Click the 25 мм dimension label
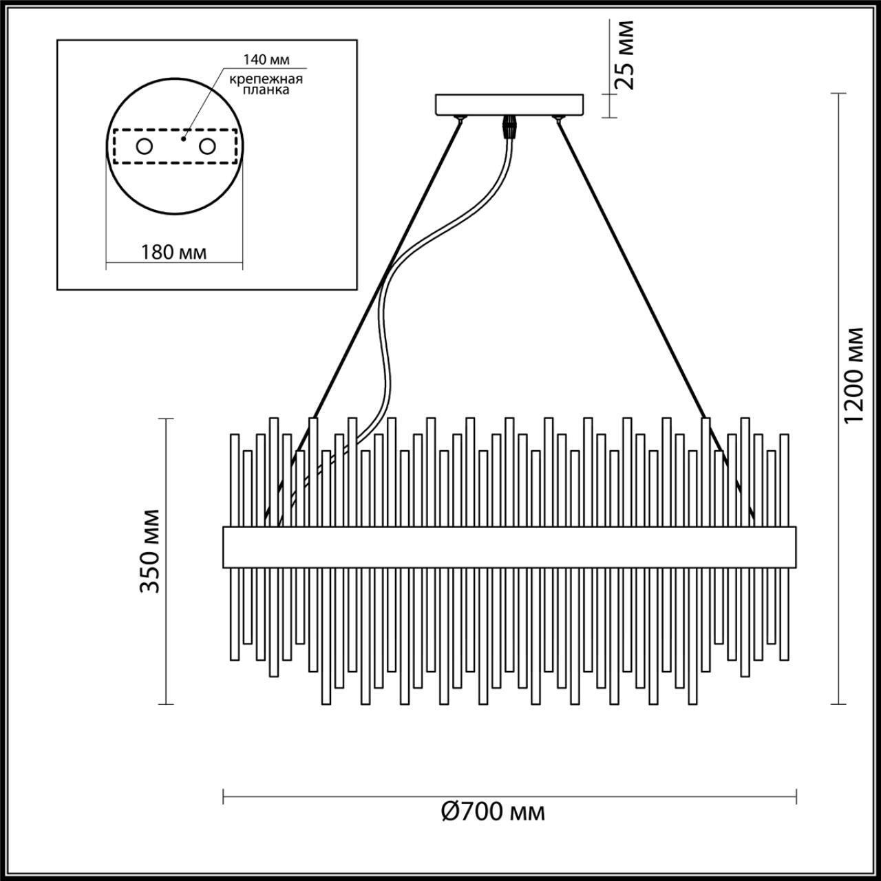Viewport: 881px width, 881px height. pos(624,55)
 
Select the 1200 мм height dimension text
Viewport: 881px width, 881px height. pos(856,375)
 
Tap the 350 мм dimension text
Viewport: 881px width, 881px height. pos(149,551)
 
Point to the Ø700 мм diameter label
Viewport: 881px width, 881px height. pos(492,812)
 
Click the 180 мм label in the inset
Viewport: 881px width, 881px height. pos(174,252)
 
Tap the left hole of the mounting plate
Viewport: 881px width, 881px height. pos(144,147)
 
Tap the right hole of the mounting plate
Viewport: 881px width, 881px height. pos(207,147)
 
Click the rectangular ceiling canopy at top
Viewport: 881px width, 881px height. pos(510,104)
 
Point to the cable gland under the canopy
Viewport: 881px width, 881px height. pos(509,127)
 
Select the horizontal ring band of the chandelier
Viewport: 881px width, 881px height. pos(509,547)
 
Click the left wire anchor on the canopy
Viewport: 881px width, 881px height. pos(460,119)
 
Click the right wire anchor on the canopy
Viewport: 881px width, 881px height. pos(558,119)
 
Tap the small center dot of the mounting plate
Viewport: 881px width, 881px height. pos(182,138)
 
